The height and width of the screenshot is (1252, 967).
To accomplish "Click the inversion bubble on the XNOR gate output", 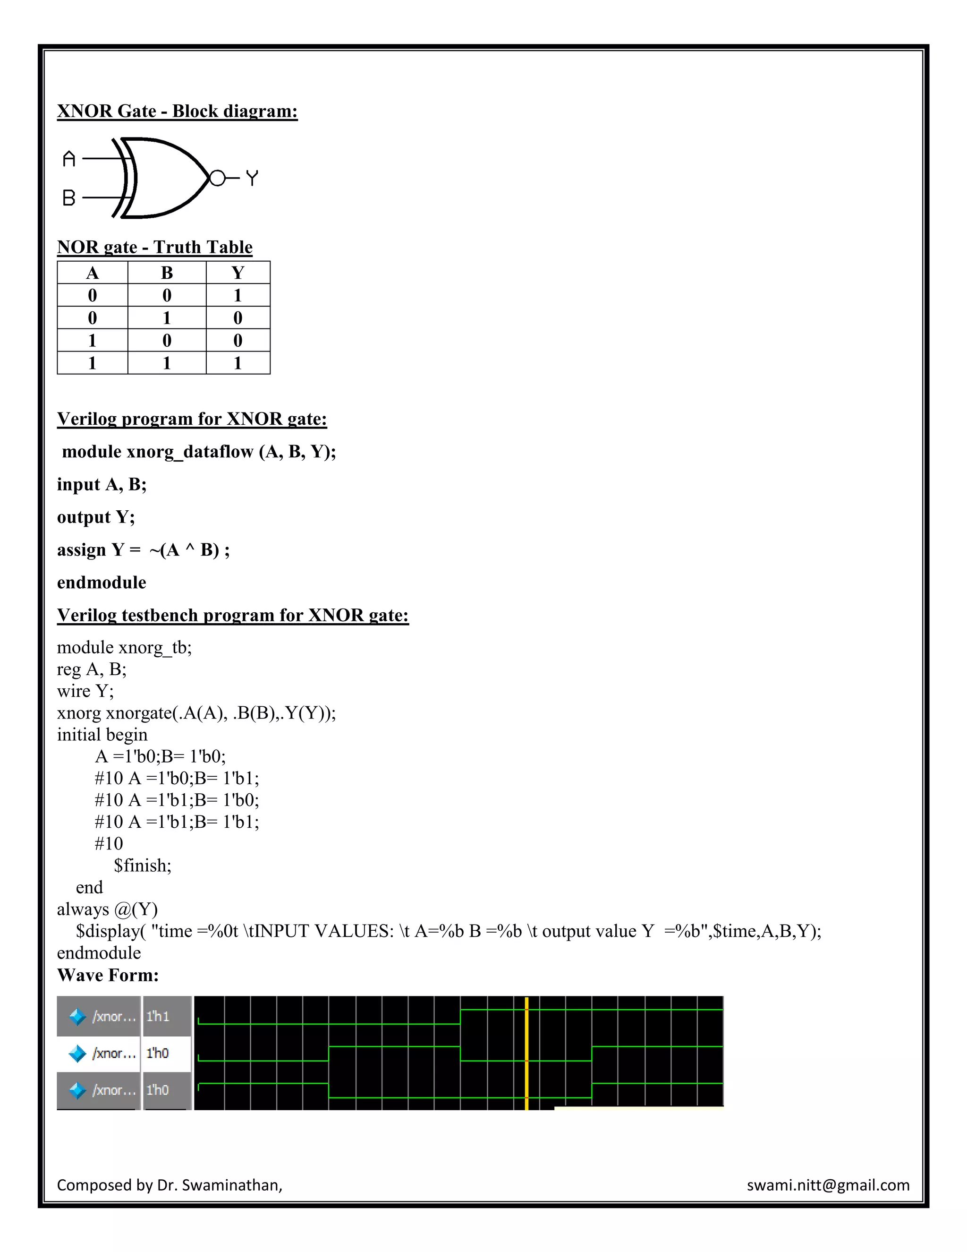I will coord(217,178).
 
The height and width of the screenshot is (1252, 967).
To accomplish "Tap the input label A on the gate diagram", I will coord(69,159).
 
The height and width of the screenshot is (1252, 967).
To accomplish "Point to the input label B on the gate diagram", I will coord(69,198).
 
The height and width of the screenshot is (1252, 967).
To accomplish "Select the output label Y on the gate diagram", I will coord(252,178).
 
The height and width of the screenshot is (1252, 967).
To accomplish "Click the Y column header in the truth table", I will coord(238,273).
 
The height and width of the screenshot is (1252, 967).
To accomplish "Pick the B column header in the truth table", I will coord(167,273).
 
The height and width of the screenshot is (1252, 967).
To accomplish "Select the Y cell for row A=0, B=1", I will coord(238,317).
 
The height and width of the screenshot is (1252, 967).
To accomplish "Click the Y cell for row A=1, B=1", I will coord(238,363).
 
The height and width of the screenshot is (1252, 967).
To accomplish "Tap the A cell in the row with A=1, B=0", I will coord(92,341).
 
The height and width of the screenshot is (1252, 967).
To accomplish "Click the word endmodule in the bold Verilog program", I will coord(102,583).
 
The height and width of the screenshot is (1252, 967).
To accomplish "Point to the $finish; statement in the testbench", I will coord(143,865).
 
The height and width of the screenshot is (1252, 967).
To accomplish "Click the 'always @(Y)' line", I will coord(107,909).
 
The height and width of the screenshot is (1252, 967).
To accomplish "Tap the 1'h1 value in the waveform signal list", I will coord(158,1016).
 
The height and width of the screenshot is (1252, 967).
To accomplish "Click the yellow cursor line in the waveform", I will coord(526,1053).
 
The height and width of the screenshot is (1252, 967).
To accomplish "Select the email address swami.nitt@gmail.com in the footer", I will coord(828,1185).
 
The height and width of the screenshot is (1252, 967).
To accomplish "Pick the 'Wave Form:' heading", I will coord(108,975).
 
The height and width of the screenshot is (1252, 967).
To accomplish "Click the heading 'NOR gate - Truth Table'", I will coord(155,247).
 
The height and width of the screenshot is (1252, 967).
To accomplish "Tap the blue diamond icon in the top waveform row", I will coord(77,1017).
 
